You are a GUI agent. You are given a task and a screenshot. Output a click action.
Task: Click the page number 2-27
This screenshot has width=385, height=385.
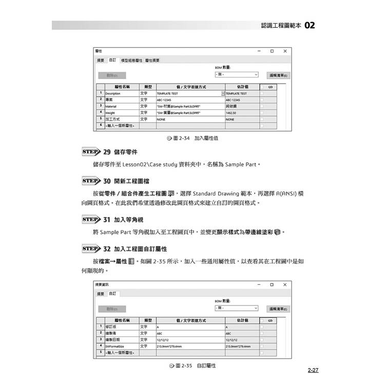(x=313, y=370)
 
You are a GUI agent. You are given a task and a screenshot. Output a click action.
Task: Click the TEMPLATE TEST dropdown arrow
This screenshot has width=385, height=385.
(x=223, y=93)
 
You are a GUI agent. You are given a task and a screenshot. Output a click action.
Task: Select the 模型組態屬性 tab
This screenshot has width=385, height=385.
(x=131, y=61)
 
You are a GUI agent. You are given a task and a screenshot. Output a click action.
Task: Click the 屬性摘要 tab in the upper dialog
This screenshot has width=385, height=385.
(x=152, y=61)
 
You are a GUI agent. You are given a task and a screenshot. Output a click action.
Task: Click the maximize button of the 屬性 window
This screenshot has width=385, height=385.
(x=272, y=51)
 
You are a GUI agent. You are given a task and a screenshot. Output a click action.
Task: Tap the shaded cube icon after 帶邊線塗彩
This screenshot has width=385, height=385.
(x=278, y=232)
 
